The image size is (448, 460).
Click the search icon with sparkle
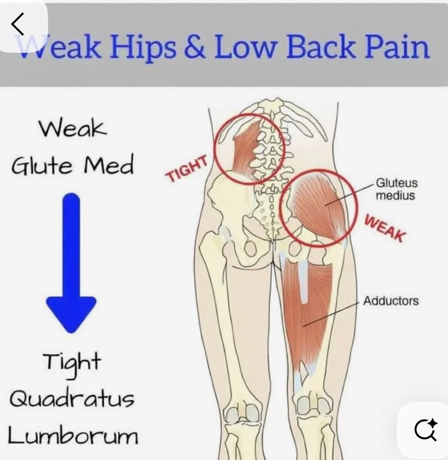426,430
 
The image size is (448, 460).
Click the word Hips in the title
142,47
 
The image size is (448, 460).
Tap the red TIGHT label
187,169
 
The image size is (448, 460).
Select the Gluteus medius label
396,189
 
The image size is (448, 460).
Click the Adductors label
391,301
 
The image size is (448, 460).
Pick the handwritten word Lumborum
73,435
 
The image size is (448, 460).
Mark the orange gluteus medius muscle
318,207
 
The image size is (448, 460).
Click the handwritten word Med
108,165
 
